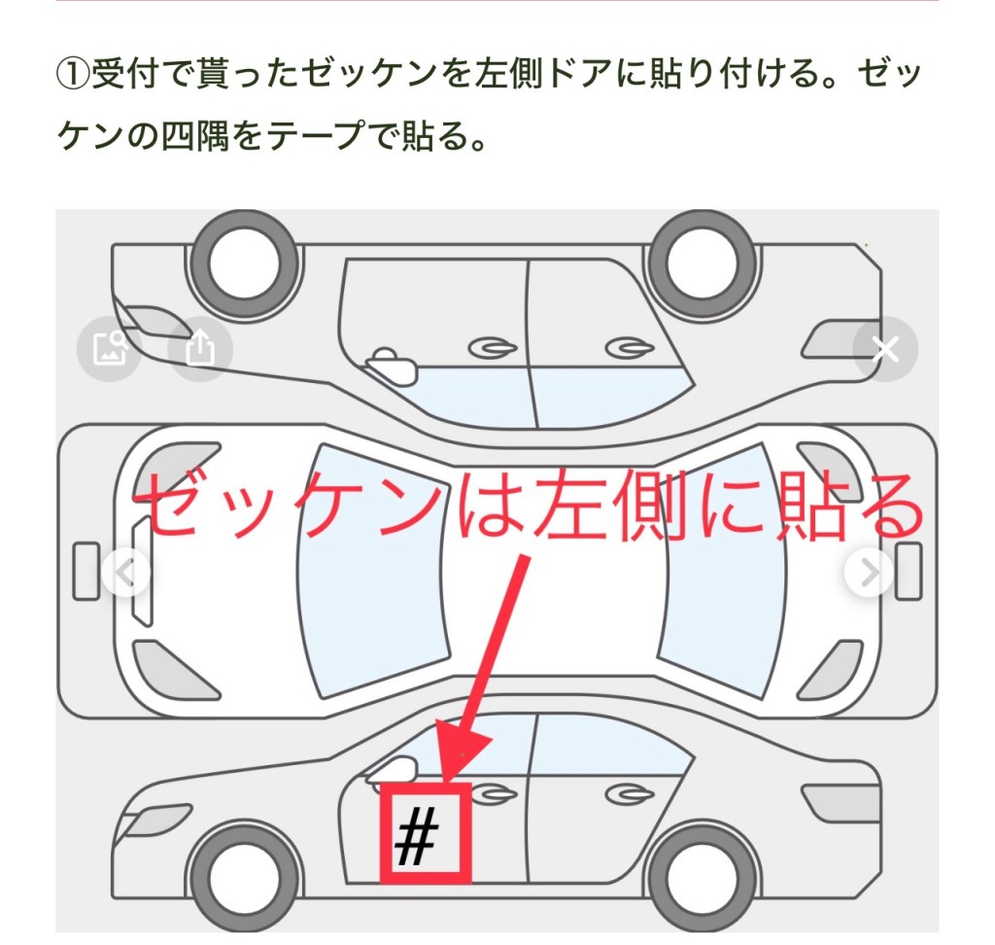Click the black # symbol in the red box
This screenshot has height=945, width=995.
coord(416,836)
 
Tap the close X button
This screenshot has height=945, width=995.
coord(885,349)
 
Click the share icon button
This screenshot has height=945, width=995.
coord(200,349)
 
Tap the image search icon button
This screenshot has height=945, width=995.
coord(109,349)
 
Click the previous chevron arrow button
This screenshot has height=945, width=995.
coord(126,573)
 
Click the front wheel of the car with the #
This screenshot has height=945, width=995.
coord(245,878)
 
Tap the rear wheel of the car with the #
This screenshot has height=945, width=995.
coord(703,878)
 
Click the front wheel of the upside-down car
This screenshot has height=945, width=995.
coord(245,263)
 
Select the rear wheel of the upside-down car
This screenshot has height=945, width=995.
coord(703,263)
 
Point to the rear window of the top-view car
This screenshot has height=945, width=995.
coord(720,571)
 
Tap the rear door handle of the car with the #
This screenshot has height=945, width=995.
coord(630,794)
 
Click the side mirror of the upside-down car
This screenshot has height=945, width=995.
coord(392,367)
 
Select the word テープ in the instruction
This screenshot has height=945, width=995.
coord(316,135)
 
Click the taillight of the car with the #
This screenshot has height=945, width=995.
coord(840,801)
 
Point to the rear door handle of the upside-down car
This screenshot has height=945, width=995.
coord(630,348)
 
